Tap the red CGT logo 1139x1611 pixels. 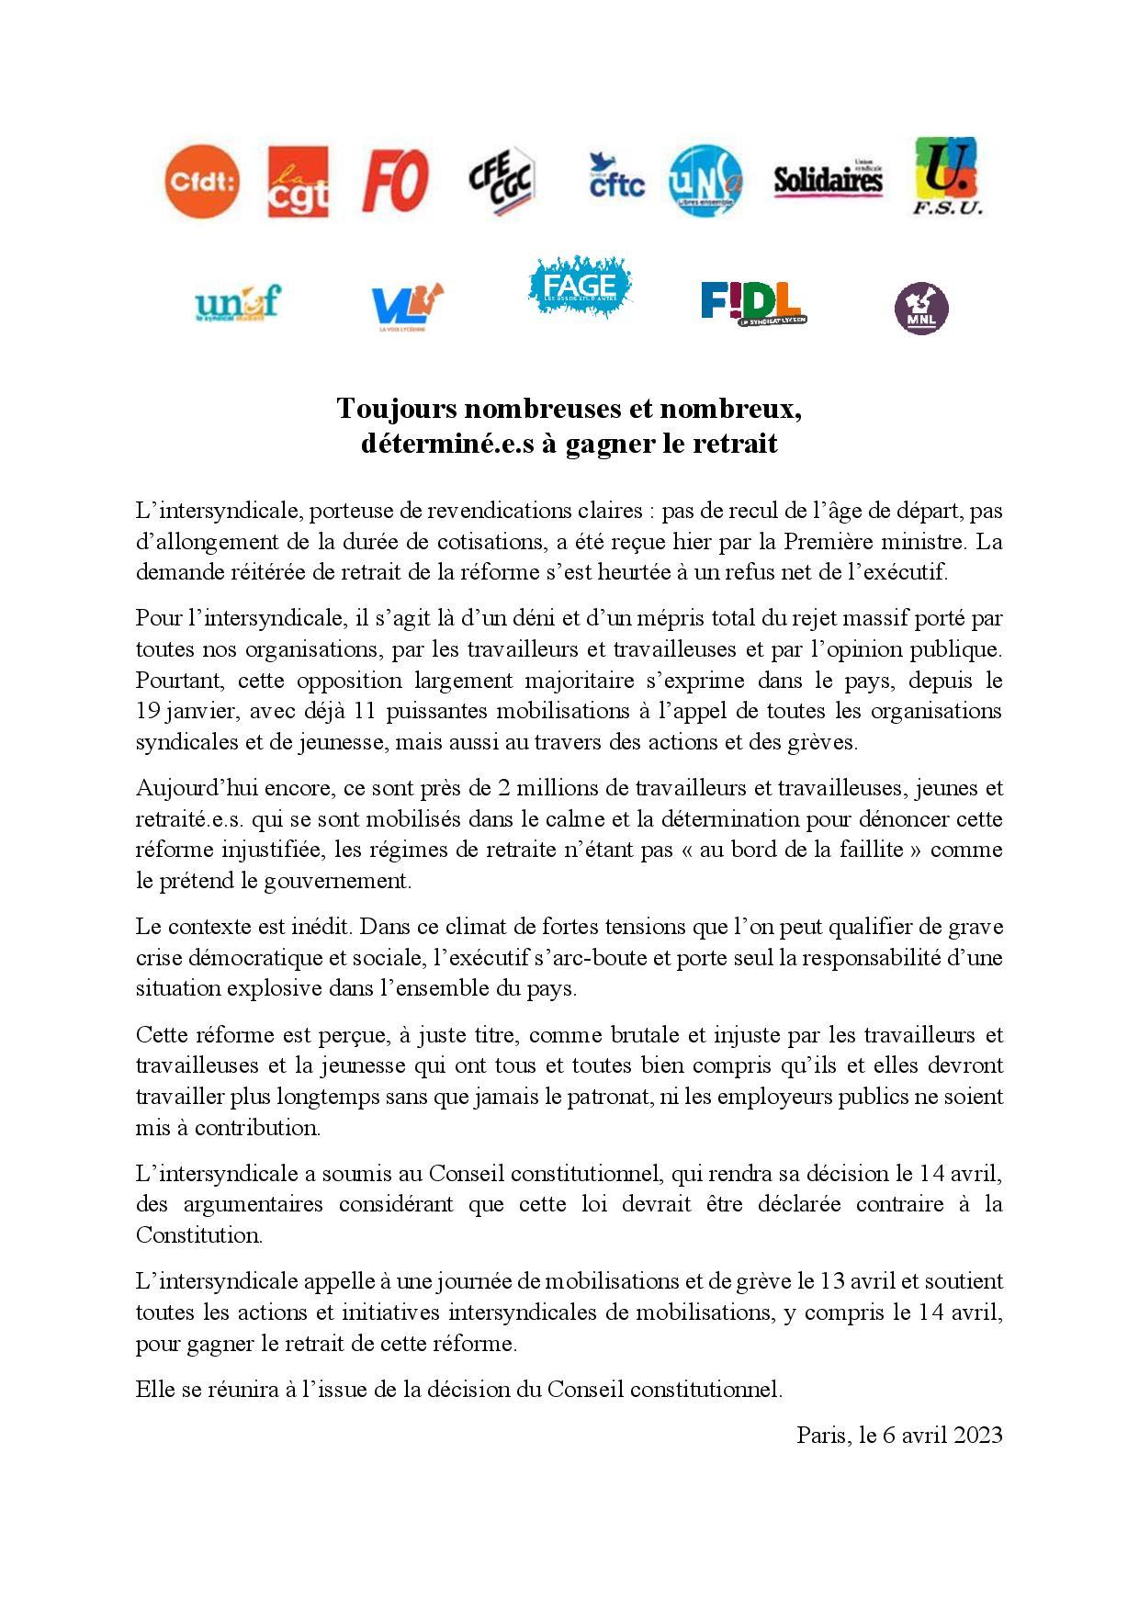pyautogui.click(x=298, y=183)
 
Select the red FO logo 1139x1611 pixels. pyautogui.click(x=396, y=181)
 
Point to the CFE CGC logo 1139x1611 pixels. pyautogui.click(x=502, y=182)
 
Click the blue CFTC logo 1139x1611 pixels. pyautogui.click(x=615, y=176)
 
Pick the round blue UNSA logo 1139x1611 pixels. pyautogui.click(x=705, y=181)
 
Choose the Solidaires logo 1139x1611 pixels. pyautogui.click(x=828, y=179)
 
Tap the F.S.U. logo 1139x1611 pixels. pyautogui.click(x=947, y=176)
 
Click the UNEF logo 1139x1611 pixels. pyautogui.click(x=238, y=302)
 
